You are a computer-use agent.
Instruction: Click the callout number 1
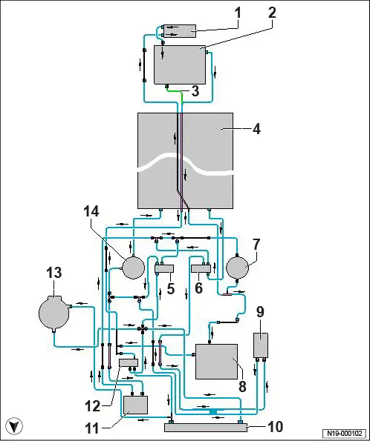coord(238,13)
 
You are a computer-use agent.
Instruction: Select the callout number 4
coord(256,129)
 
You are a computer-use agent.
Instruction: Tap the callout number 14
coord(91,211)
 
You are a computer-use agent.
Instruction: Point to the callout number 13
coord(53,273)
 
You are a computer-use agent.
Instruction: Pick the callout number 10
coord(275,426)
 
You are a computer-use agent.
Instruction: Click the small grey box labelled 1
coord(180,30)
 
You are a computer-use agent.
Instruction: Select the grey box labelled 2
coord(180,64)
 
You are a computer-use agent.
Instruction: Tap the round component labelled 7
coord(237,267)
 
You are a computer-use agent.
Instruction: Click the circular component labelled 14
coord(134,267)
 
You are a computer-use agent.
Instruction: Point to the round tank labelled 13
coord(53,312)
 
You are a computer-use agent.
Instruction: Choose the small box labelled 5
coord(164,268)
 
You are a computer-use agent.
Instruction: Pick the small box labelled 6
coord(201,268)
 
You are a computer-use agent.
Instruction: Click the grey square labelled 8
coord(217,362)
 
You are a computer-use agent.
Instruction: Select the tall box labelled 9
coord(261,345)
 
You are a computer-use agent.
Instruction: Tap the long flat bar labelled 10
coord(206,428)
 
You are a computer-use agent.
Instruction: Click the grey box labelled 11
coord(136,405)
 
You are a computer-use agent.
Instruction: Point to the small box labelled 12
coord(129,362)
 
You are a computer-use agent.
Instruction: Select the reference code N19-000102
coord(344,433)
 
